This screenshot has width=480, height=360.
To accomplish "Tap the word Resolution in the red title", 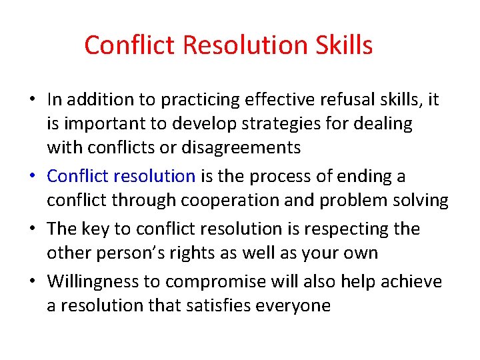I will click(243, 45).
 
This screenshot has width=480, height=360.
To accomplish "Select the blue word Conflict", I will click(78, 176).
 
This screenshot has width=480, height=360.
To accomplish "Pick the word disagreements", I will click(243, 147).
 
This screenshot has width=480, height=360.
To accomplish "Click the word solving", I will click(422, 201).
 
